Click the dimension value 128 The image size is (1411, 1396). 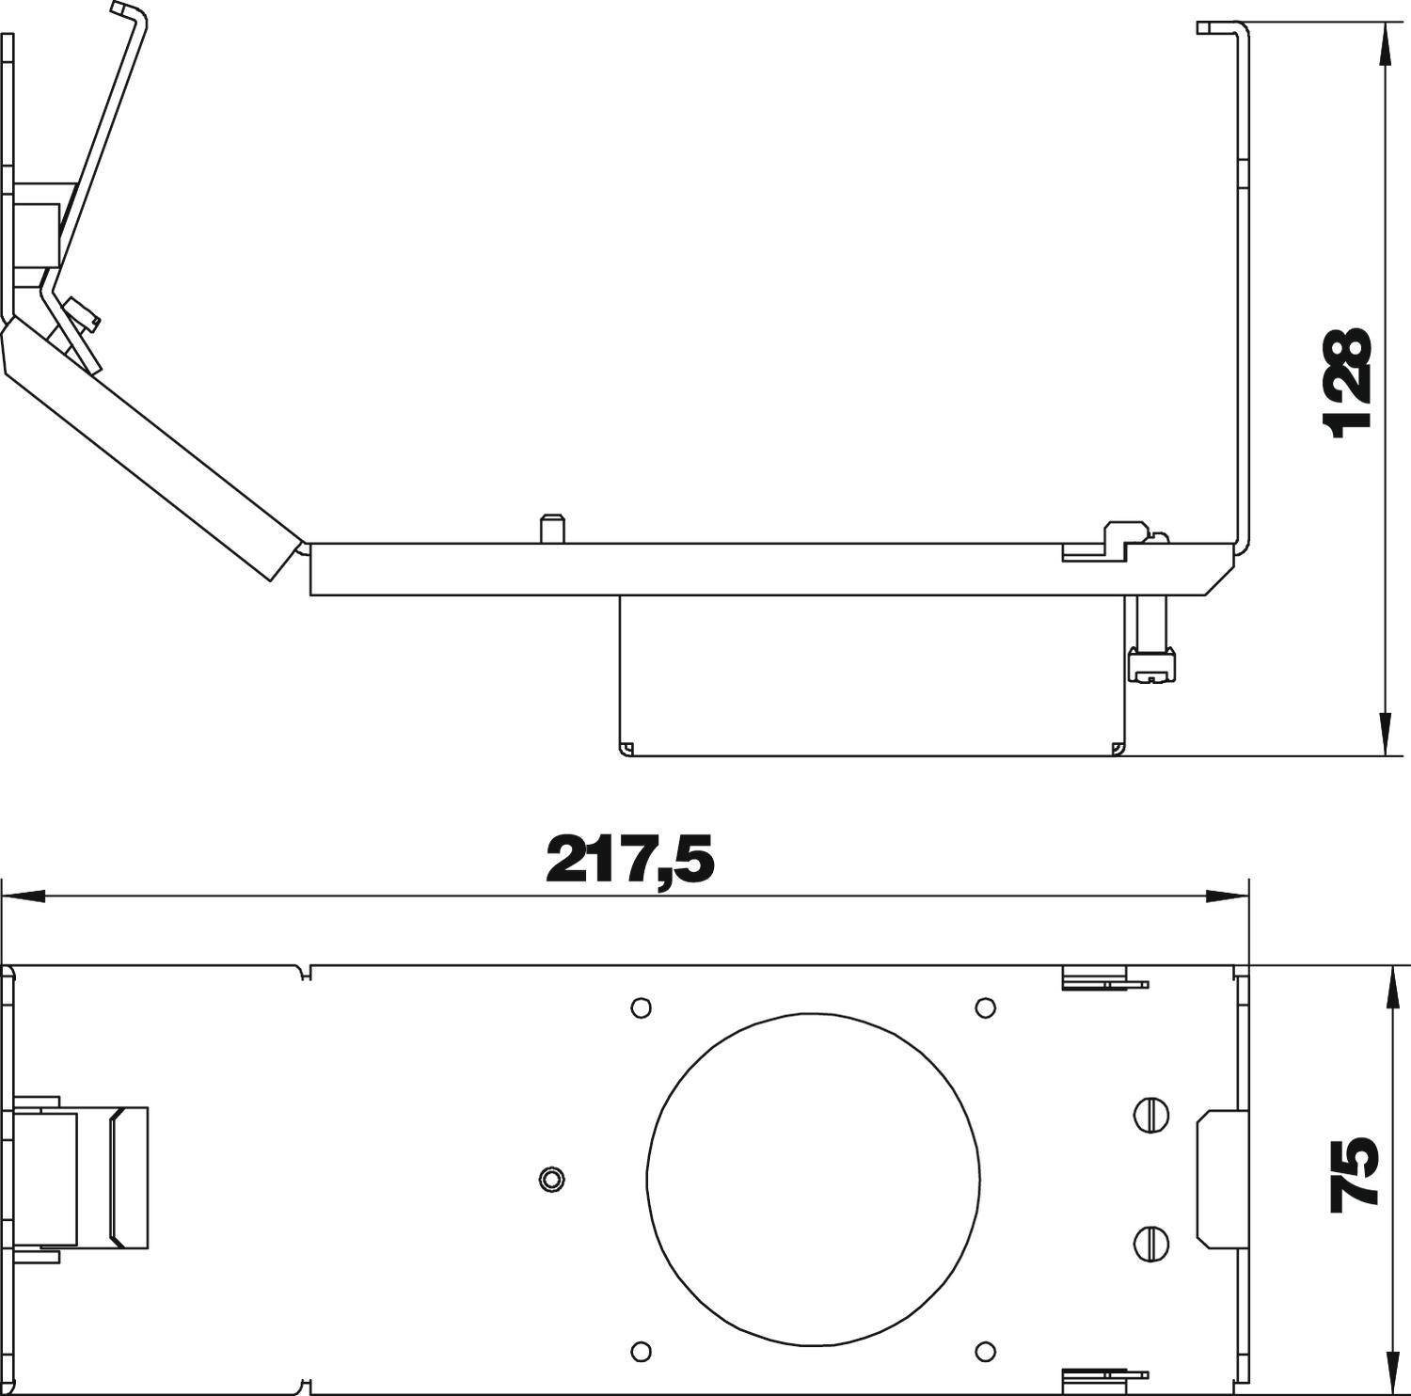click(1347, 383)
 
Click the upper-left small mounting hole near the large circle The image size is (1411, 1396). click(640, 1007)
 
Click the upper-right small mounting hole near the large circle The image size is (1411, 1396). click(985, 1007)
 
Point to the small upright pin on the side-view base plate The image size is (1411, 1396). click(551, 528)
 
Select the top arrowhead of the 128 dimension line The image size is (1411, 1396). click(1385, 42)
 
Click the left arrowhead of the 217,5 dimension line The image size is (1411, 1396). click(24, 896)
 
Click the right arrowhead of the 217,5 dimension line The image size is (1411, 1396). click(1227, 896)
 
